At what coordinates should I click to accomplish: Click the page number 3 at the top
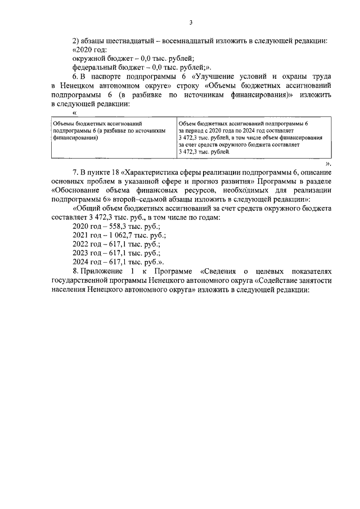click(x=191, y=22)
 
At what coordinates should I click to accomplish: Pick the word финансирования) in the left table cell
click(x=75, y=137)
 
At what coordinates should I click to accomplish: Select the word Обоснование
click(x=80, y=190)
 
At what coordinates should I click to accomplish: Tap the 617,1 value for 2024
click(x=116, y=262)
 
